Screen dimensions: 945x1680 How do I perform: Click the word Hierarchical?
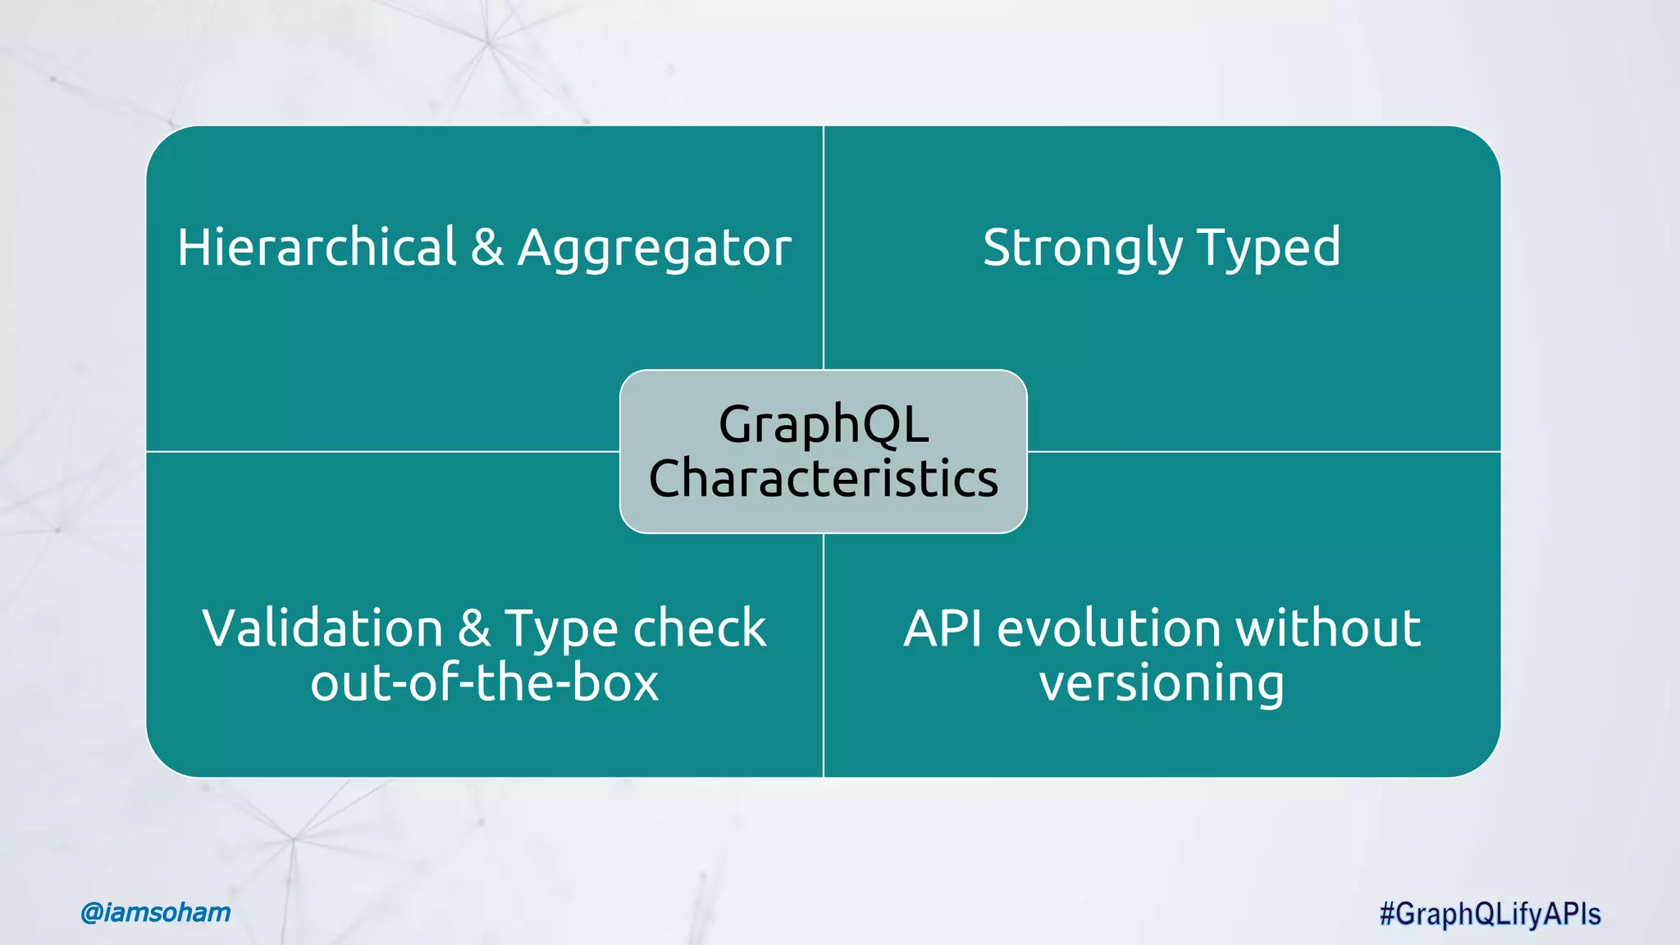[x=317, y=247]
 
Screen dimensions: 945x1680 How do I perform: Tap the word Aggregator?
[x=654, y=249]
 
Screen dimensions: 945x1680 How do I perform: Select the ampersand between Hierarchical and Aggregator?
[x=486, y=247]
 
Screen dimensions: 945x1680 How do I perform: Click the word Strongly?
[x=1081, y=249]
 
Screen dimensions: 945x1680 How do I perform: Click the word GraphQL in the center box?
[x=823, y=425]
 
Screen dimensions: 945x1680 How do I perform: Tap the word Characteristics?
[x=823, y=478]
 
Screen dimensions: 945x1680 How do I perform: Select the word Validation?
[x=322, y=628]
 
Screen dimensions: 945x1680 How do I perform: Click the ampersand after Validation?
[x=474, y=628]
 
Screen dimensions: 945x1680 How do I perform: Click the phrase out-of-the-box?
[x=484, y=682]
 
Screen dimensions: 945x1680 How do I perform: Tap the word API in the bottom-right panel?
[x=943, y=628]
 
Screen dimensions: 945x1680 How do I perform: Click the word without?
[x=1328, y=628]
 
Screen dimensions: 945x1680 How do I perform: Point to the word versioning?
[x=1162, y=684]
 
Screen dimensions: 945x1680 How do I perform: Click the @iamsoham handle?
[x=156, y=912]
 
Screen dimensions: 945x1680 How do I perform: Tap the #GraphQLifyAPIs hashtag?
[x=1490, y=914]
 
